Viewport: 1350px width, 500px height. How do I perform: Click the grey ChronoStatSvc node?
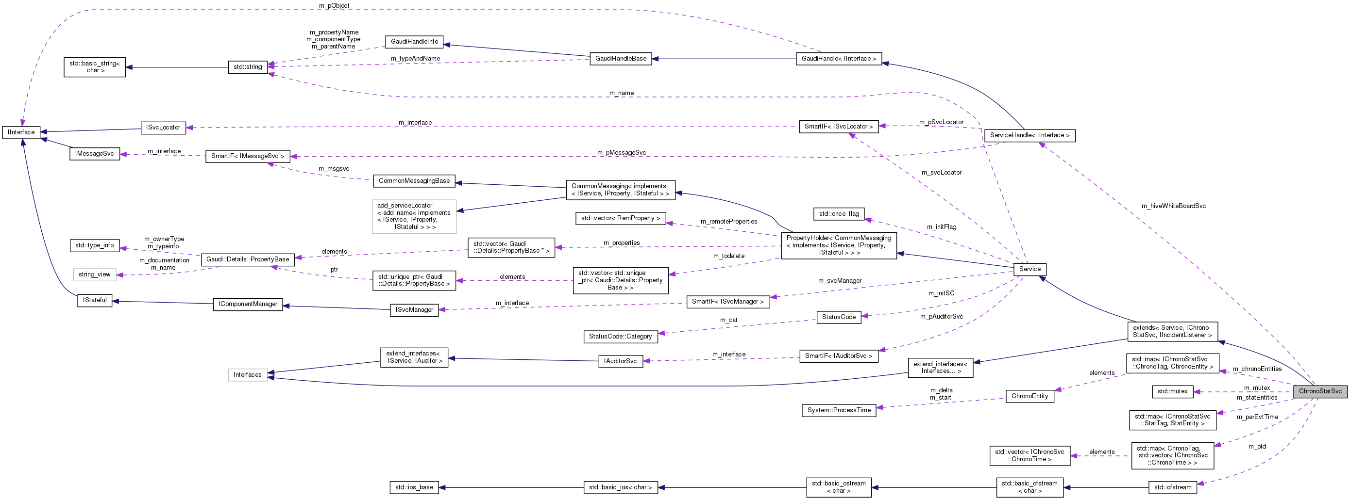[x=1319, y=391]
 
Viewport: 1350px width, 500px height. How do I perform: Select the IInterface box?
[x=21, y=132]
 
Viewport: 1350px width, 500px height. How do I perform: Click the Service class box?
[x=1029, y=269]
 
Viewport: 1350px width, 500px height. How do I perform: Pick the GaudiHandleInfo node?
[x=414, y=41]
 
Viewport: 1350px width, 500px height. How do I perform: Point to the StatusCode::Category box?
[x=620, y=336]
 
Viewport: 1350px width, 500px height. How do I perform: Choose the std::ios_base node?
[x=414, y=487]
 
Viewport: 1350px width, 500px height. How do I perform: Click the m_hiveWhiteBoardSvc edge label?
[x=1173, y=206]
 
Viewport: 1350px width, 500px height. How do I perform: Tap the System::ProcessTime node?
[x=839, y=410]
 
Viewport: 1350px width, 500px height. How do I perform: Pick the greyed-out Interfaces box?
[x=247, y=374]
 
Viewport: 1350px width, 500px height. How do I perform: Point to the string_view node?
[x=94, y=274]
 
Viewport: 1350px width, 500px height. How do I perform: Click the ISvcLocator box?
[x=163, y=127]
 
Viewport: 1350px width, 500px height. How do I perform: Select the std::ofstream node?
[x=1172, y=487]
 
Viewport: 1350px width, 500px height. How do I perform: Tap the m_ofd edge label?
[x=1257, y=446]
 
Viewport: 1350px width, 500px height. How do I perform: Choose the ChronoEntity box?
[x=1029, y=396]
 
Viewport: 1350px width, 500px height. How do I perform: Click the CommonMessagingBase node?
[x=414, y=180]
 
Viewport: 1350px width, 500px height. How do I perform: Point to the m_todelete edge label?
[x=728, y=256]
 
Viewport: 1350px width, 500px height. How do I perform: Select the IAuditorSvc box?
[x=620, y=361]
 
